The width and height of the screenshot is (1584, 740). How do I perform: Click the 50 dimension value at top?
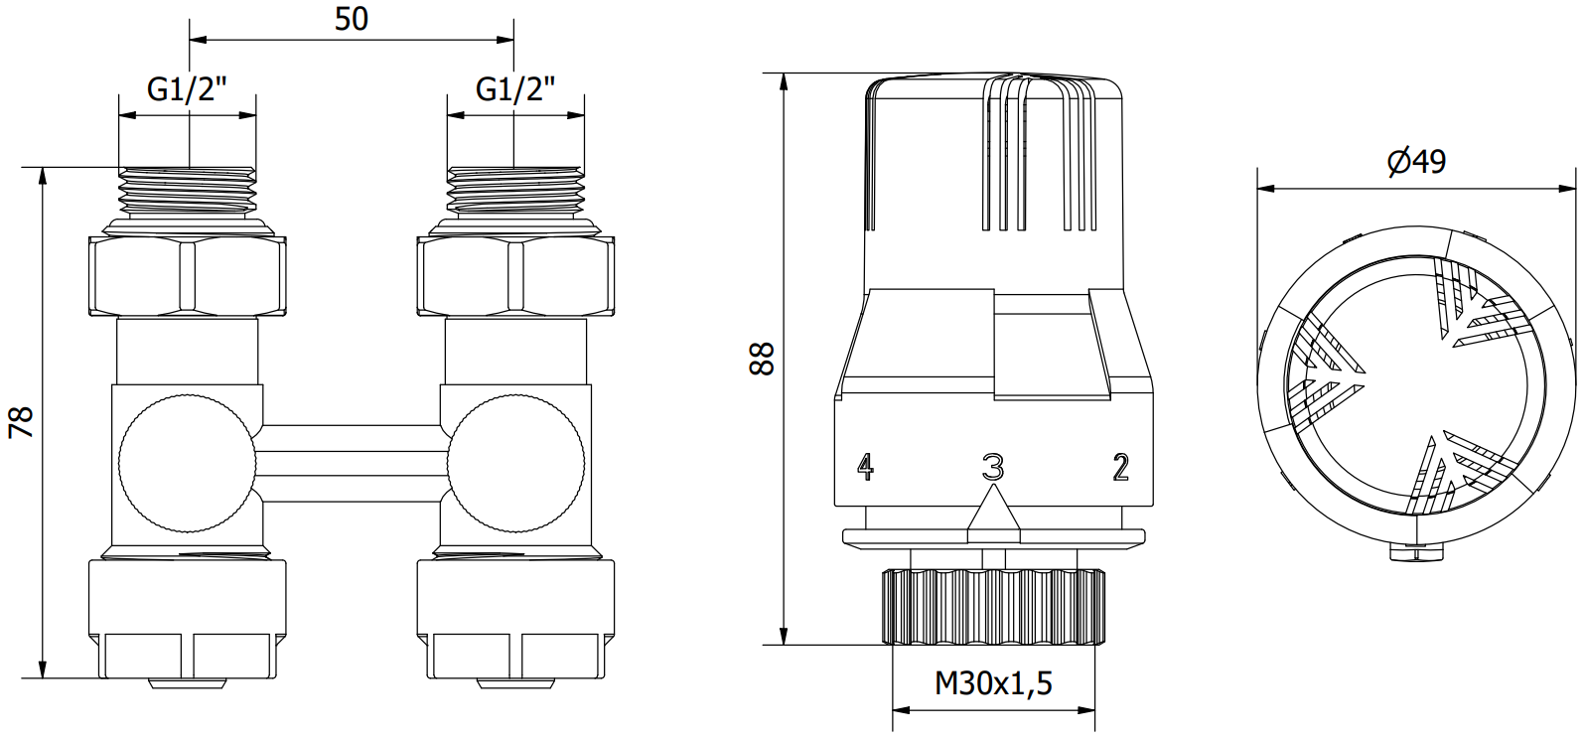(x=352, y=19)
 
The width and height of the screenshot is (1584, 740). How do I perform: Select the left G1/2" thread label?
(x=187, y=89)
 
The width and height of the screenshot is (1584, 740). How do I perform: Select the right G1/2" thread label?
(x=515, y=89)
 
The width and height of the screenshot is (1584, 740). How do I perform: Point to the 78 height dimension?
(x=21, y=422)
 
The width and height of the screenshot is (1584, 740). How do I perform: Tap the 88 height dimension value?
(x=762, y=359)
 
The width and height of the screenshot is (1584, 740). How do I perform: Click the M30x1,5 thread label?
(x=993, y=683)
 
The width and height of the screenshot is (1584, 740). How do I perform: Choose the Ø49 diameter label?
(x=1416, y=162)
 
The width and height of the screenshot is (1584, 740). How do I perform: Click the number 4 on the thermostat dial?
(x=866, y=467)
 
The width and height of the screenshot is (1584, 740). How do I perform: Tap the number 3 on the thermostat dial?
(x=993, y=467)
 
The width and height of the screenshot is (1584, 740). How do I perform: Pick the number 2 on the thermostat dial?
(x=1121, y=467)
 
